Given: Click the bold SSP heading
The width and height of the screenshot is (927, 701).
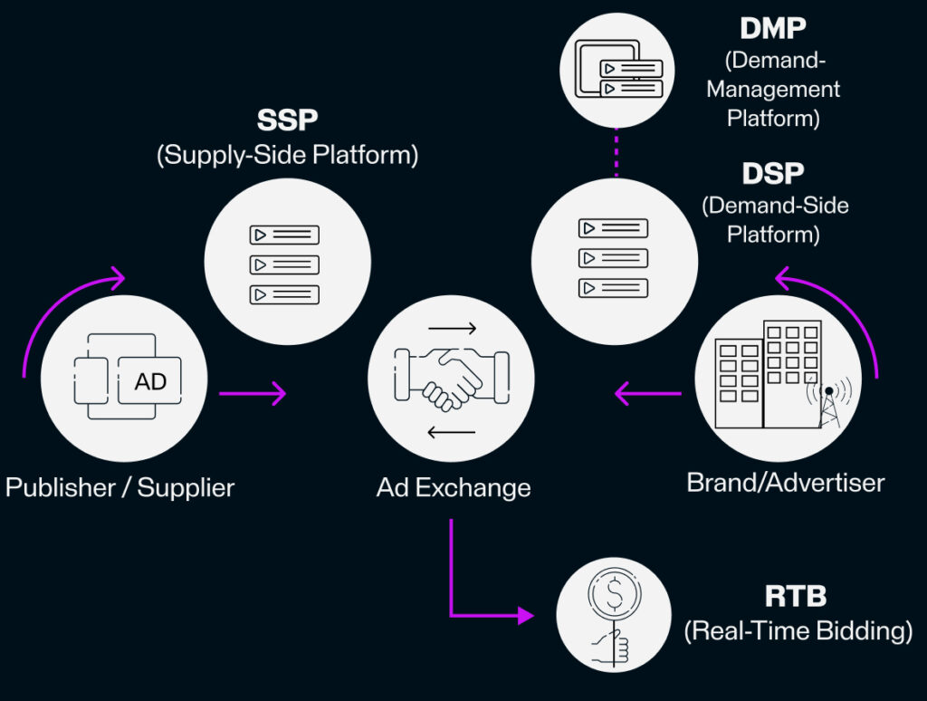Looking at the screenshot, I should pos(287,120).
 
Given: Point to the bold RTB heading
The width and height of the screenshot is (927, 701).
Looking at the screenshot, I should pos(796,598).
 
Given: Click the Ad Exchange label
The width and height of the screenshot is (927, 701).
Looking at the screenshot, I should pos(454,488).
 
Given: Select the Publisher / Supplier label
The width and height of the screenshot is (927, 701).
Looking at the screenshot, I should pos(119,488).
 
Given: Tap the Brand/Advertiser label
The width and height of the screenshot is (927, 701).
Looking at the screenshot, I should pos(785,482).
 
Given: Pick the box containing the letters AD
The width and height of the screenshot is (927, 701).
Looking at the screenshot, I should pos(150,381).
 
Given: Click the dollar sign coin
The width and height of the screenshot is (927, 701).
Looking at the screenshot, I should pos(615,595).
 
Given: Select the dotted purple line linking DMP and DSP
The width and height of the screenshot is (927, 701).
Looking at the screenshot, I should pos(615,153).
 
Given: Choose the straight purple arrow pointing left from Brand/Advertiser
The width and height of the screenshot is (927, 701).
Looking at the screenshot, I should pos(647,393).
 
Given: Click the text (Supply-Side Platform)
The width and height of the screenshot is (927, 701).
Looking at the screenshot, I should pos(287,155).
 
